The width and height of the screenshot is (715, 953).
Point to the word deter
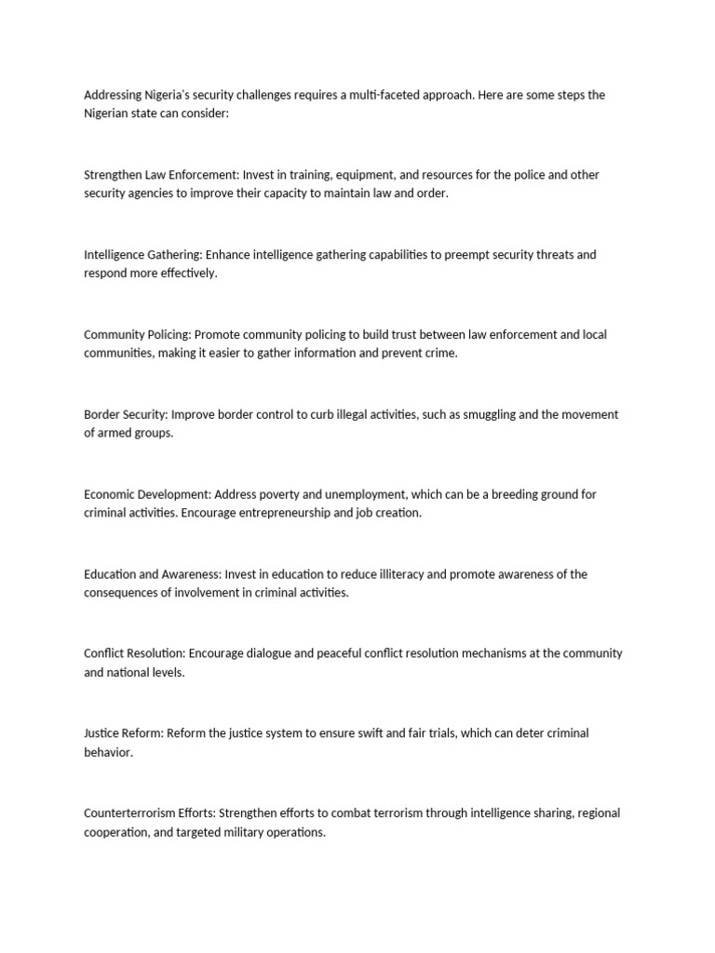[520, 733]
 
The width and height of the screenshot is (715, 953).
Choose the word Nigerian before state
[108, 114]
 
